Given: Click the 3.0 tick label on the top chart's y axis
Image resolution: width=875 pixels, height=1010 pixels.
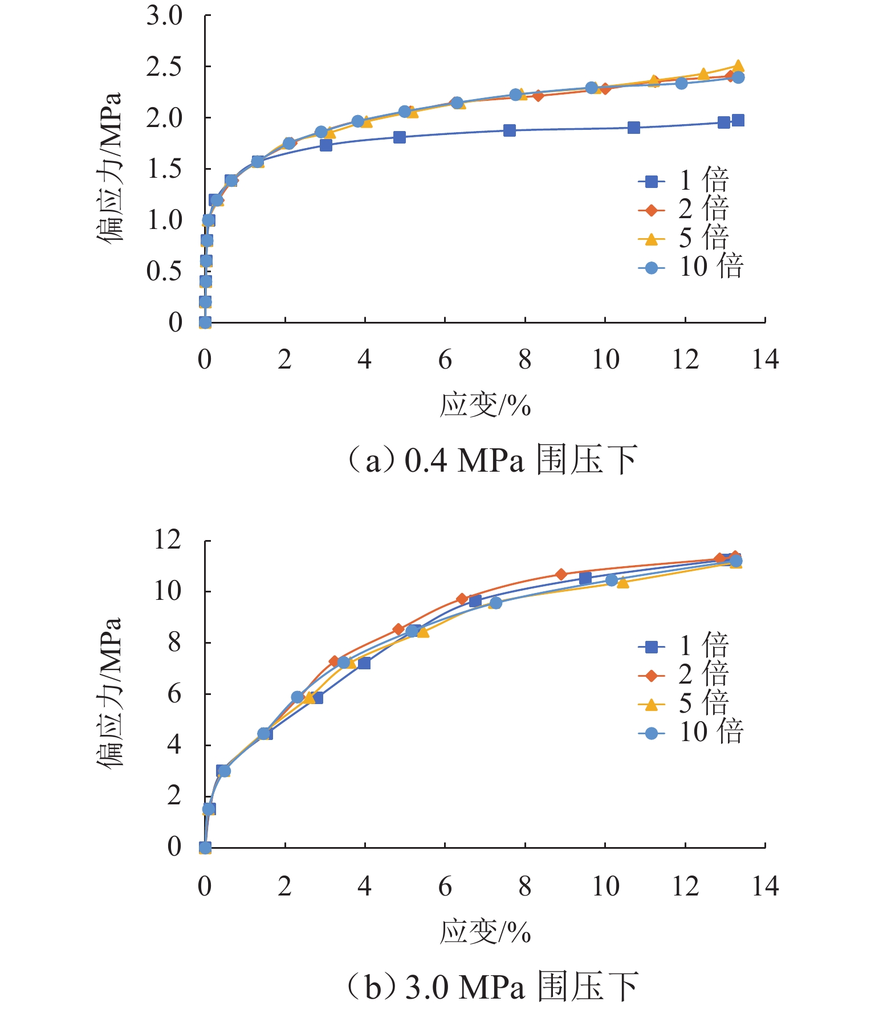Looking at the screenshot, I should click(x=164, y=16).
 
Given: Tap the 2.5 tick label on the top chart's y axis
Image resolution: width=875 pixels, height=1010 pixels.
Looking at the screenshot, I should click(x=164, y=67).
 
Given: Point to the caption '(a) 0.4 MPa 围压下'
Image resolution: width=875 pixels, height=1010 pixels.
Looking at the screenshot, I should click(x=491, y=460).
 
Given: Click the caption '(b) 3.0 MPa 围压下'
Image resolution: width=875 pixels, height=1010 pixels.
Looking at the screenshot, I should click(x=491, y=987).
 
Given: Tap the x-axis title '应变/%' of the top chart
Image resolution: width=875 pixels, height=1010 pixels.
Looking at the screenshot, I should click(x=485, y=406).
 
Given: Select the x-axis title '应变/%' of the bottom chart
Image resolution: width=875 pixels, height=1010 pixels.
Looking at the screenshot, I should click(x=485, y=933).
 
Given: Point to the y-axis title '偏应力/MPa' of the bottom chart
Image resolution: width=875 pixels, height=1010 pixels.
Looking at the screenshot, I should click(x=109, y=693).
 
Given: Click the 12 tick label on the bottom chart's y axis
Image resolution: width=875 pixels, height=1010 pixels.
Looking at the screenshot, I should click(x=168, y=540).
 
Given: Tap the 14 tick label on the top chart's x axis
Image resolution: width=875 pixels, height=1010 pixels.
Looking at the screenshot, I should click(x=765, y=360).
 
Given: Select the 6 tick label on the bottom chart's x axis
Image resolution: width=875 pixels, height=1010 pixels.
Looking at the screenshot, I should click(x=445, y=886).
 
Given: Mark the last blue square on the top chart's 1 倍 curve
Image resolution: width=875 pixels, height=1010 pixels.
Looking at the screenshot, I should click(x=738, y=120).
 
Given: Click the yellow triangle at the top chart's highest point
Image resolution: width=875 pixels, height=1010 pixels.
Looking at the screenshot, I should click(x=738, y=66).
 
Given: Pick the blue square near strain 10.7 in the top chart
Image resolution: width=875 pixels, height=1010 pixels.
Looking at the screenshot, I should click(x=633, y=128).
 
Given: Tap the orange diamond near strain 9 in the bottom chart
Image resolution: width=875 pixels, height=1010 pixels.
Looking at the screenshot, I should click(x=561, y=574).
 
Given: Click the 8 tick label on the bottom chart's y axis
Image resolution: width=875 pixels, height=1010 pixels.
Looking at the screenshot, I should click(x=174, y=643).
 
